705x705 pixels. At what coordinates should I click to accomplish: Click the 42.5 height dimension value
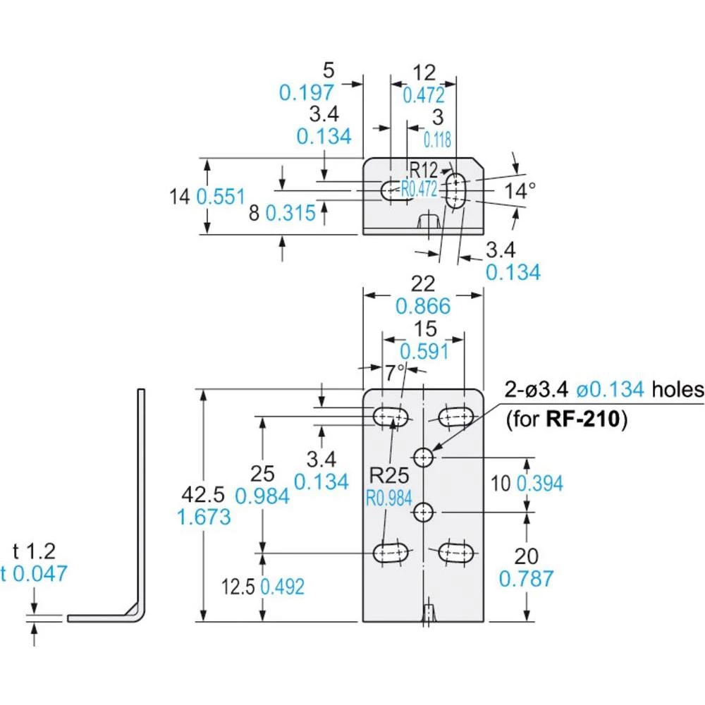click(203, 495)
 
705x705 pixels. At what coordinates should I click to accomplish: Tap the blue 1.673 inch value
click(204, 517)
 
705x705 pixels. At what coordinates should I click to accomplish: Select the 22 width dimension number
click(423, 283)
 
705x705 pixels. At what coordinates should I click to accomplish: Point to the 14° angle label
click(520, 190)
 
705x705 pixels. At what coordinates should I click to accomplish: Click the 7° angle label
click(396, 372)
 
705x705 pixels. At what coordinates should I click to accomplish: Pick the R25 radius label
click(389, 474)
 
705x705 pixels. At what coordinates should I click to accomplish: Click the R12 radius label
click(424, 170)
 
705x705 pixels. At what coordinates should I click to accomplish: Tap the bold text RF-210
click(583, 419)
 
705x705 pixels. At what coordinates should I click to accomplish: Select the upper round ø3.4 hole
click(423, 458)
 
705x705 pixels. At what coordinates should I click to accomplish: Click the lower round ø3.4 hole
click(423, 512)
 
